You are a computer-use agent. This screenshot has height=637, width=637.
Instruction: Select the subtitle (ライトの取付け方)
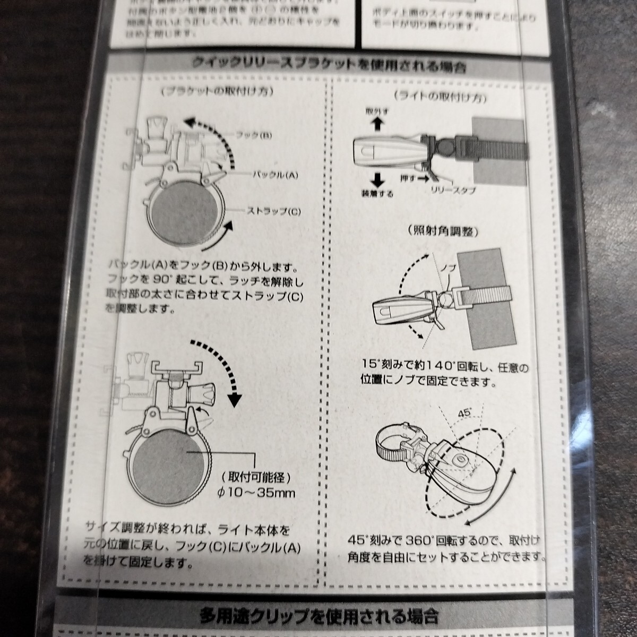tap(441, 97)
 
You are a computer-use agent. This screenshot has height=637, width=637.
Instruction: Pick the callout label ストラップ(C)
tap(273, 211)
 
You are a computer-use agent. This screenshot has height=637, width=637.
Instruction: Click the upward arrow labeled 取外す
tap(377, 124)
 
